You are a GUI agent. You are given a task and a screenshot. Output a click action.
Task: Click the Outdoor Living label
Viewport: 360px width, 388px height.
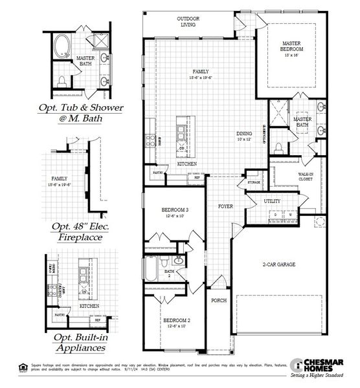coord(188,23)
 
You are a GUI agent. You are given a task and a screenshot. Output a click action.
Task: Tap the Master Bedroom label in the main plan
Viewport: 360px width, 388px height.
coord(293,46)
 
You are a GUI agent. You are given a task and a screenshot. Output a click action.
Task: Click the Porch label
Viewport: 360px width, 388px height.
coord(218,301)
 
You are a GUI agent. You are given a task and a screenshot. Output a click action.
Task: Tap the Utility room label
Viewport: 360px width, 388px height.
coord(273,202)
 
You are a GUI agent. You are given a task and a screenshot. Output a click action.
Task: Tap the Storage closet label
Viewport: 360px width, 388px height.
coord(254,184)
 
